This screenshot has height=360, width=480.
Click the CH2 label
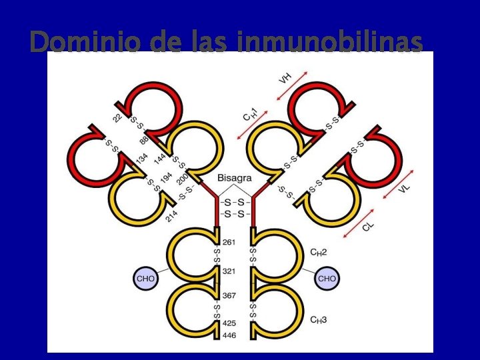click(319, 252)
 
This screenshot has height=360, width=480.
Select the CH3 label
click(319, 320)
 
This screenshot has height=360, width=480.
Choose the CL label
click(369, 227)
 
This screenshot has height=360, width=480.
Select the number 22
click(117, 118)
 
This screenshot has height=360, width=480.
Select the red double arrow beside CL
click(358, 221)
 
